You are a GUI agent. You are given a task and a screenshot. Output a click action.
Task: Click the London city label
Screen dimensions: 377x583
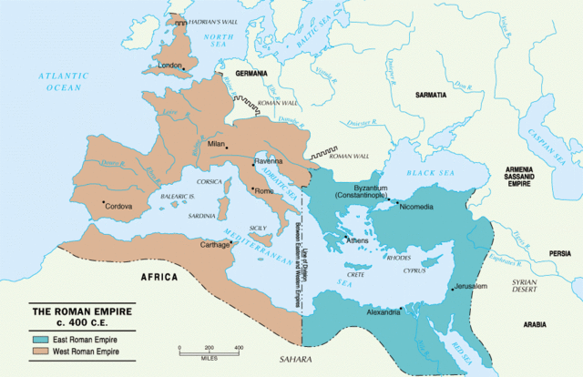coord(170,66)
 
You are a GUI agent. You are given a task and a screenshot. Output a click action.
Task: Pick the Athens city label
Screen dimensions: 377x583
coord(358,240)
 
